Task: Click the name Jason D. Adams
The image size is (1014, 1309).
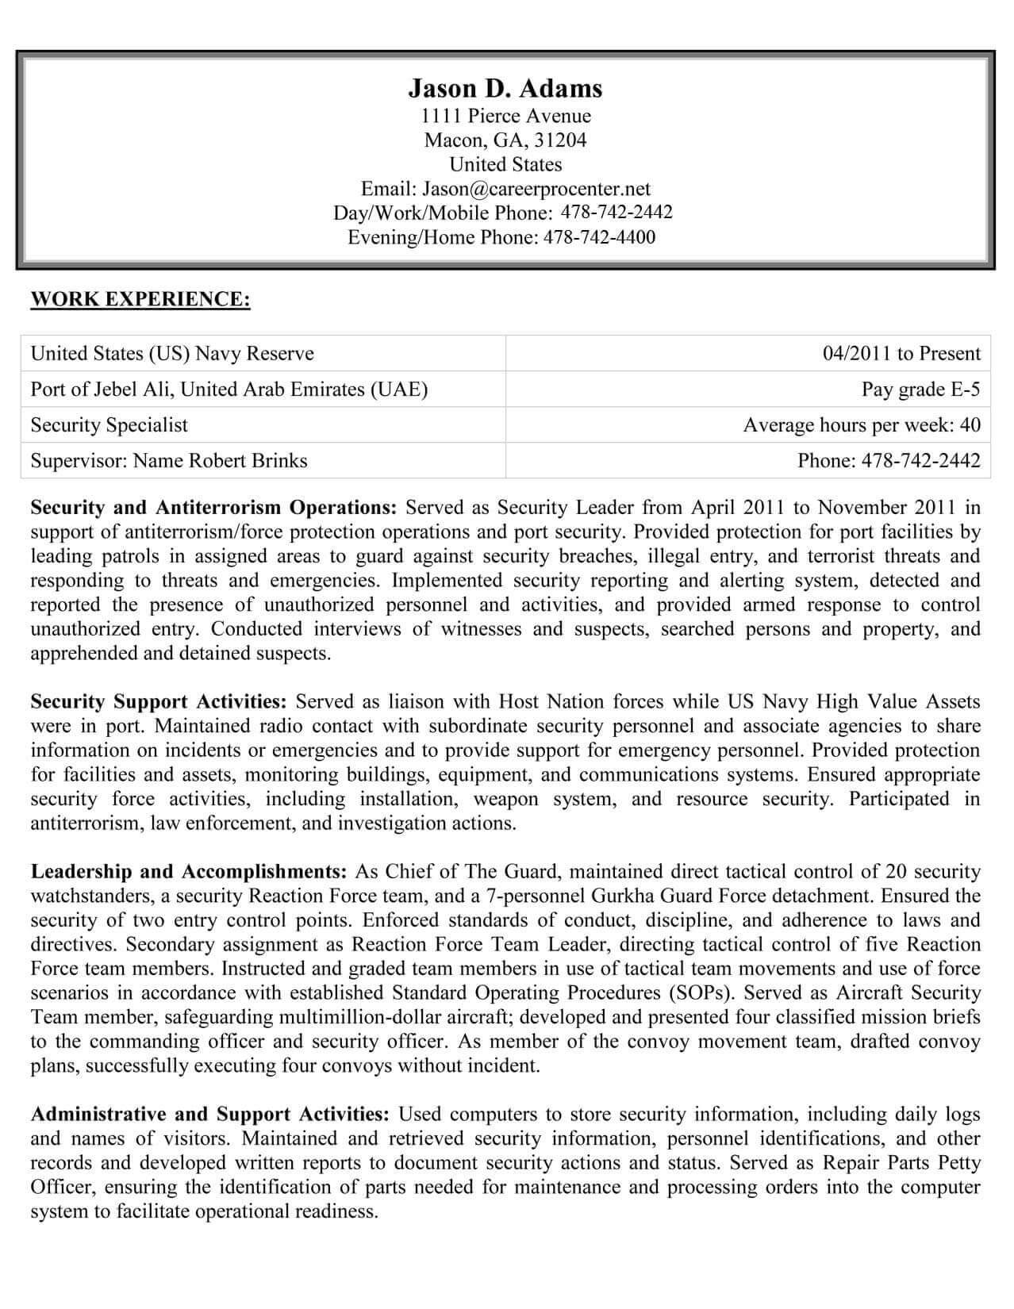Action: (x=505, y=88)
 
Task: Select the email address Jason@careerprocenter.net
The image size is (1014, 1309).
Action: (x=536, y=189)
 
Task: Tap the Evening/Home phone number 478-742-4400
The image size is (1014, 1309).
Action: (x=599, y=237)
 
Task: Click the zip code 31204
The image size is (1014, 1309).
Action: (x=560, y=140)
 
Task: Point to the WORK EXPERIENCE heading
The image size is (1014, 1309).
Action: (x=140, y=299)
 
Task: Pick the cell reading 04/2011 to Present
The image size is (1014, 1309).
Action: (x=901, y=354)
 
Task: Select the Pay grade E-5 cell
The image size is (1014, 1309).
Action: (x=920, y=390)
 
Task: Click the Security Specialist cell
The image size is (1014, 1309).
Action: (x=109, y=425)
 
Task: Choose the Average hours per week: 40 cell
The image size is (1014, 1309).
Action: (x=862, y=425)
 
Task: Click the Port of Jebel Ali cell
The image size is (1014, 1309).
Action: (x=229, y=390)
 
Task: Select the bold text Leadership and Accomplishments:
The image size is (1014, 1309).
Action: (x=189, y=872)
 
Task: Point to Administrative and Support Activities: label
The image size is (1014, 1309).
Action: (x=209, y=1115)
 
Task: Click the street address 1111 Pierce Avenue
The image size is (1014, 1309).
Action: (x=505, y=116)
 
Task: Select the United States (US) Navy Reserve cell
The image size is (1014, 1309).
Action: (x=172, y=354)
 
